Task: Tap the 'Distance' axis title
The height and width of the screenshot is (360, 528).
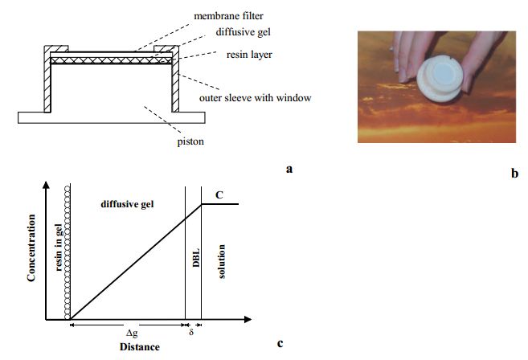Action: click(139, 346)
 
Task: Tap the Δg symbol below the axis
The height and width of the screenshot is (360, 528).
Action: click(130, 331)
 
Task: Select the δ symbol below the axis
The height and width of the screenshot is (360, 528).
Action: click(190, 330)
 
